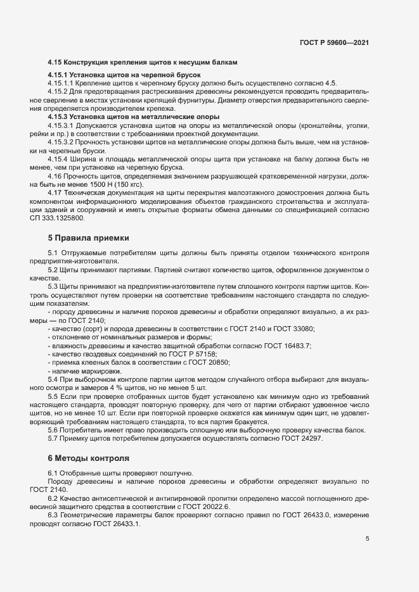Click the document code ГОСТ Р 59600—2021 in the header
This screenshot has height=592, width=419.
[x=334, y=43]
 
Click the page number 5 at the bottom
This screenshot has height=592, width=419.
[x=368, y=539]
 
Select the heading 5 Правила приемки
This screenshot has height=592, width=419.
[x=88, y=238]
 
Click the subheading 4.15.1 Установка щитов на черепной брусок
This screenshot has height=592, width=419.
[x=124, y=75]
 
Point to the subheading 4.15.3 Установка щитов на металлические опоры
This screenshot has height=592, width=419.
[x=134, y=117]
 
